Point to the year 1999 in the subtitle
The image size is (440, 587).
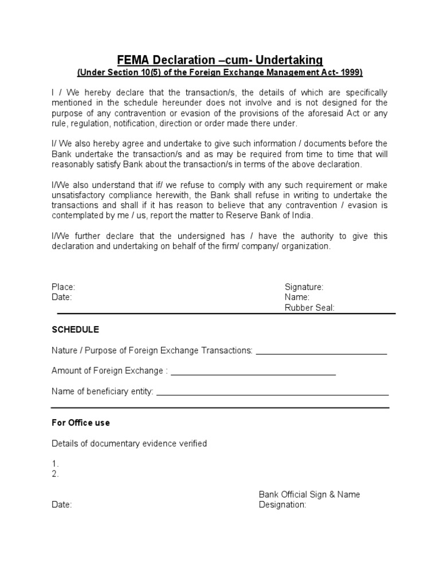point(349,73)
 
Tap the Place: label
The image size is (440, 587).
point(64,287)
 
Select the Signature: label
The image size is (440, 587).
point(304,287)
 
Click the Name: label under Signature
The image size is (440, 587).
point(297,297)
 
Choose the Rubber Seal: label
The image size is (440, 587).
point(309,308)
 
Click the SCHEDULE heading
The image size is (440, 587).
point(75,330)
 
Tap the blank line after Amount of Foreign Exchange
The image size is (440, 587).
point(253,373)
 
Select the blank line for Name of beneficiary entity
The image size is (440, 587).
point(273,393)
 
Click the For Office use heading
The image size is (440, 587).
point(80,422)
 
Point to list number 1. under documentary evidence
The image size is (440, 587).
point(55,463)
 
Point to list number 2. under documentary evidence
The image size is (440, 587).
point(55,474)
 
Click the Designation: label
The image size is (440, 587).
point(282,505)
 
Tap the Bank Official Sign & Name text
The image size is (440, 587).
point(309,494)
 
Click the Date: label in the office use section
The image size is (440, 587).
point(61,505)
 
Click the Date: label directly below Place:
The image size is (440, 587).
point(61,297)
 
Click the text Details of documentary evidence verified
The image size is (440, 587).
point(129,444)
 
